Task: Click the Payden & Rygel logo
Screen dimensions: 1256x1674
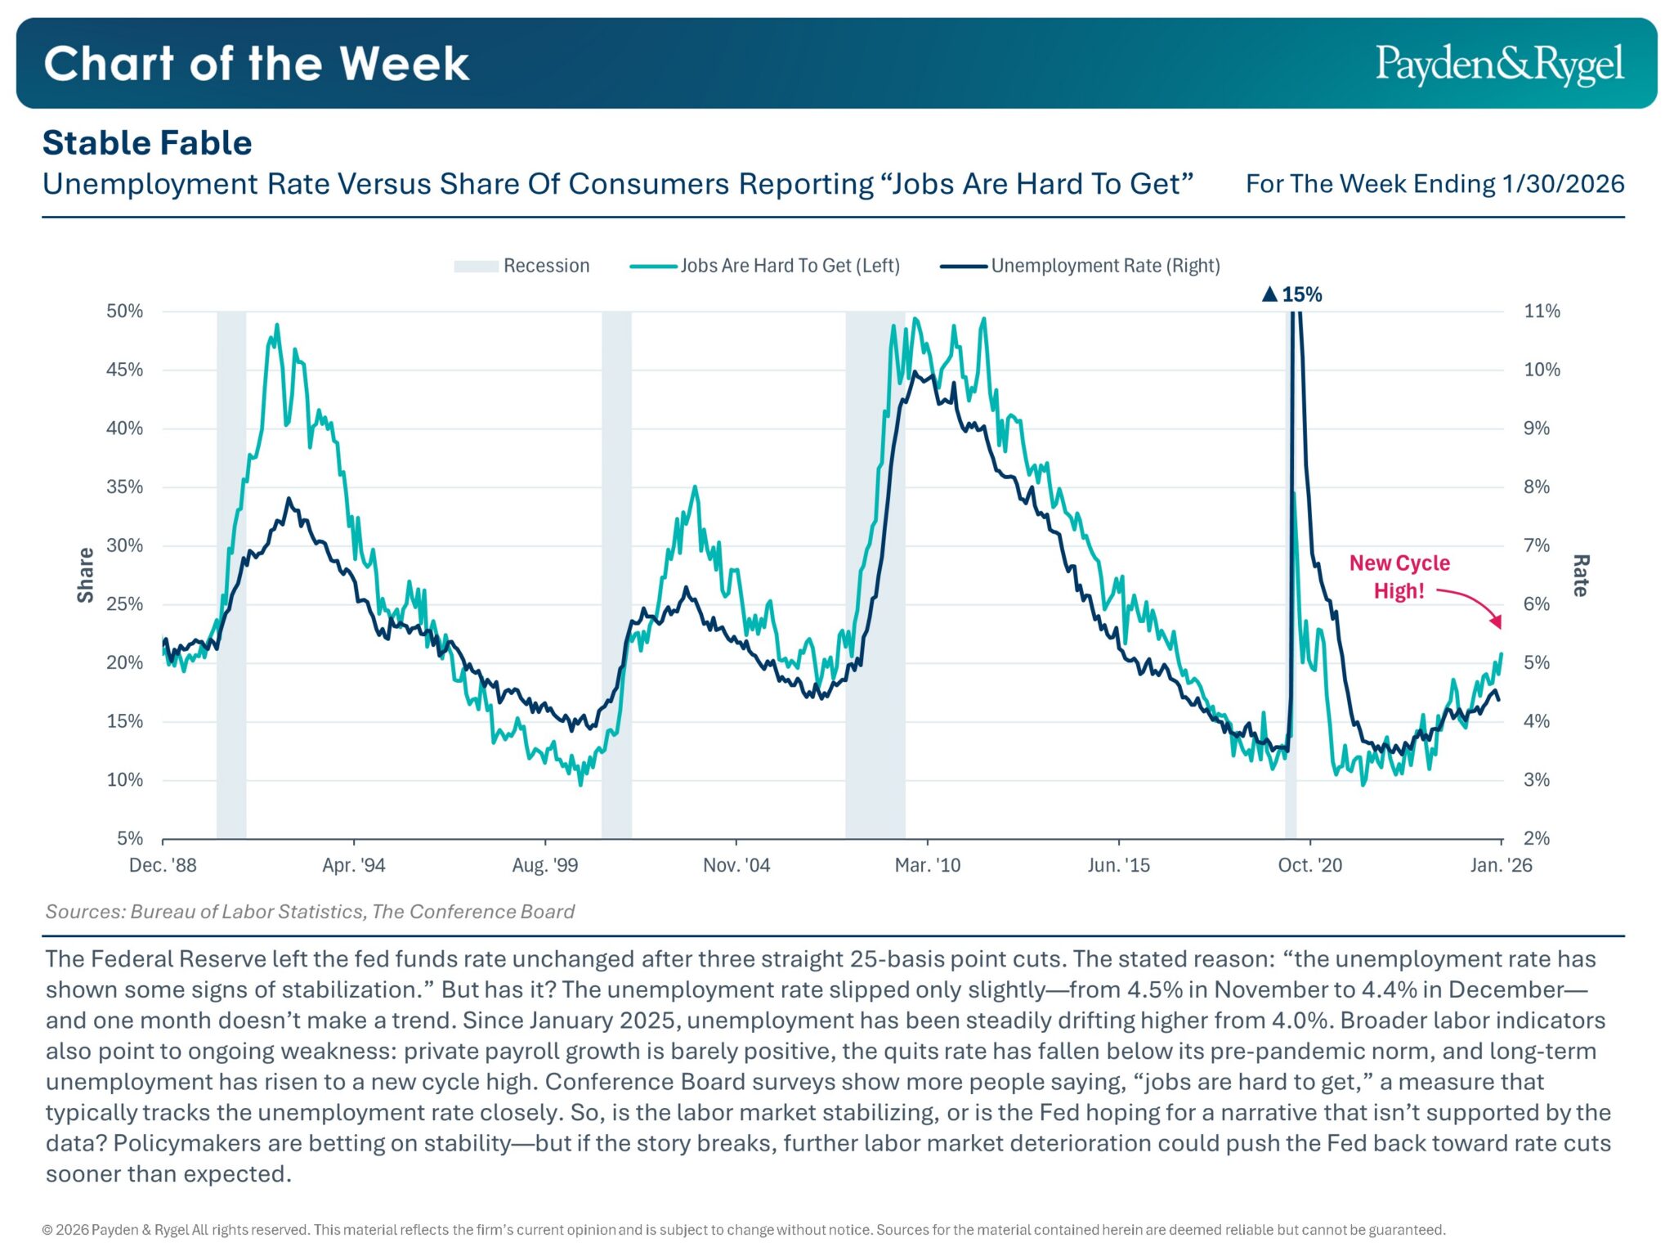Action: (x=1498, y=65)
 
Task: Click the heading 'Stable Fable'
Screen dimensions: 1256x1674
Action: (x=147, y=143)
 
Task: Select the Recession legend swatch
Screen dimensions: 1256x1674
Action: (x=476, y=267)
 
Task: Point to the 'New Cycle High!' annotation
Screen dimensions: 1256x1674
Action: (x=1399, y=576)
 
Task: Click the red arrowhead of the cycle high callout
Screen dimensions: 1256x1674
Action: (x=1496, y=622)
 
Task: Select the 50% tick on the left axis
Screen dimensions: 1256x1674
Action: (x=124, y=312)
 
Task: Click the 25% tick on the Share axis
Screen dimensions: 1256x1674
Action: (x=124, y=604)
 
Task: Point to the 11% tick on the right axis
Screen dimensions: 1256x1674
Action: (x=1542, y=312)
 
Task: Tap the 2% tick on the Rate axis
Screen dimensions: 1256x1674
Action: (x=1537, y=838)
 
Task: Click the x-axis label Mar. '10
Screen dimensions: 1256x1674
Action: (x=927, y=865)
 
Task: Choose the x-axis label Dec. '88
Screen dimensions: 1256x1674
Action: (x=163, y=865)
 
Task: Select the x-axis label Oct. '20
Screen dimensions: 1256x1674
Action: (x=1309, y=865)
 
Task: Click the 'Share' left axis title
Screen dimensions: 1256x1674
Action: (x=86, y=575)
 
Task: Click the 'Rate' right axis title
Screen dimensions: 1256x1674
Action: (x=1580, y=575)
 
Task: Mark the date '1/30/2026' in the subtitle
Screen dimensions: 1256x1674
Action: (x=1562, y=184)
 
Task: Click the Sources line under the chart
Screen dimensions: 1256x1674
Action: (x=310, y=912)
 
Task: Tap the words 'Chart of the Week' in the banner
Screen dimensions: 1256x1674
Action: (x=256, y=64)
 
